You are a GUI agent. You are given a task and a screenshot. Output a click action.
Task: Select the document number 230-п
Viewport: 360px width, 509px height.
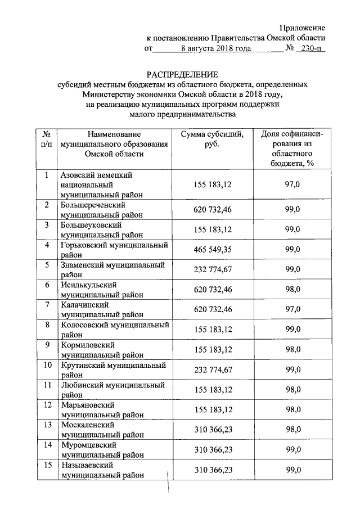(311, 49)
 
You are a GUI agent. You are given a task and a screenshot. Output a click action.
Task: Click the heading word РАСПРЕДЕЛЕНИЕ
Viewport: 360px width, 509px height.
(182, 74)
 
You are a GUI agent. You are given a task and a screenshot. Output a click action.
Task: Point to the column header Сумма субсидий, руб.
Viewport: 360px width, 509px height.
(212, 139)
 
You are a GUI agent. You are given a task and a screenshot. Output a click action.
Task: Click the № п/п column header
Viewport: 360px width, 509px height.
(47, 139)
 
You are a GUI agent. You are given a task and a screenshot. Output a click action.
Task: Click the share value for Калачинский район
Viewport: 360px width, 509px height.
(292, 309)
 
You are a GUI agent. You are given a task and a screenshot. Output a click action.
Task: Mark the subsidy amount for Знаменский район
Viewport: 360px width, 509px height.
(212, 269)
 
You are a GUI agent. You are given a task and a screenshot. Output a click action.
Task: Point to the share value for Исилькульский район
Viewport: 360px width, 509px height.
(292, 289)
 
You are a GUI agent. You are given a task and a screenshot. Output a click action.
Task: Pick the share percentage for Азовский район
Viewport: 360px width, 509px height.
(292, 185)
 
